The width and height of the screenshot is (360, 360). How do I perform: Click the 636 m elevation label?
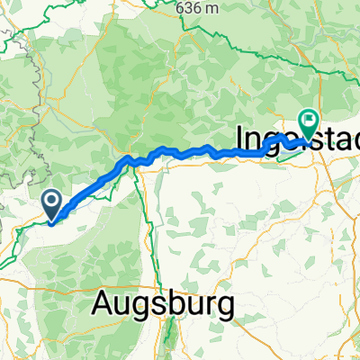pos(200,7)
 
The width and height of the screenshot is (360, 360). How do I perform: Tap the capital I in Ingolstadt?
pos(240,138)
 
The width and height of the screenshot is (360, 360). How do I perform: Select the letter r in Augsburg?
pos(209,305)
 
